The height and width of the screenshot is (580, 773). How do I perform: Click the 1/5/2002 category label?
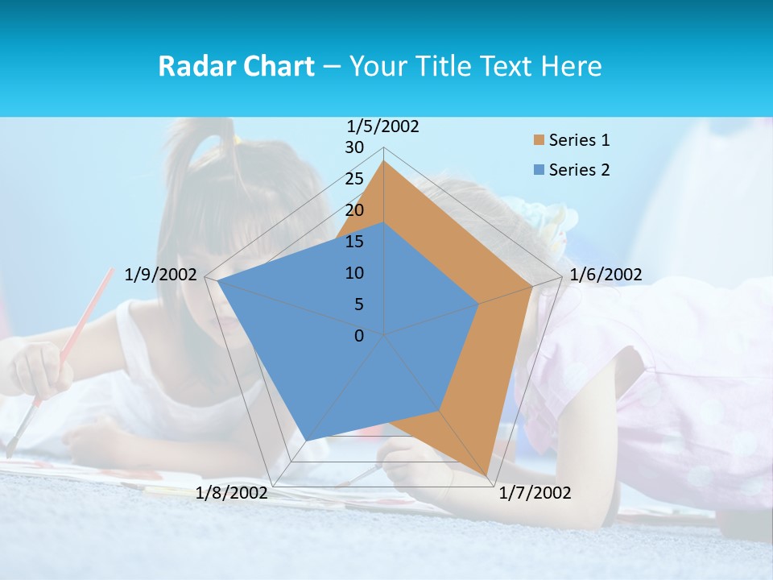click(383, 126)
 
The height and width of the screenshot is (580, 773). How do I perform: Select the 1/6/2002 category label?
click(606, 275)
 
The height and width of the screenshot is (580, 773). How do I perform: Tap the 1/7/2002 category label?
click(535, 492)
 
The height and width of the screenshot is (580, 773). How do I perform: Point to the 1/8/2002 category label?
click(232, 492)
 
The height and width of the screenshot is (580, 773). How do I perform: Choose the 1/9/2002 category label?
click(161, 275)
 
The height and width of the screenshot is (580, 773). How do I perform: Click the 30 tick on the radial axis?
click(354, 147)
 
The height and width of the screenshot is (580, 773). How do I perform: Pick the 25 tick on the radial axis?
click(354, 179)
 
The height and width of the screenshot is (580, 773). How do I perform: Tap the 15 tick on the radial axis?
click(354, 242)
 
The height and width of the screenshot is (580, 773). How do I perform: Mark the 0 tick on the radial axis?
click(359, 336)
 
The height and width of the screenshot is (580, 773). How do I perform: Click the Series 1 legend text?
click(579, 140)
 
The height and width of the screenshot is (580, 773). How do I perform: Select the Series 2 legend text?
click(579, 170)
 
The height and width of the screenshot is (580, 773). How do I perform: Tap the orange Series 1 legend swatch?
click(539, 140)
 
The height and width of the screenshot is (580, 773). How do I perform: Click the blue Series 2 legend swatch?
click(539, 170)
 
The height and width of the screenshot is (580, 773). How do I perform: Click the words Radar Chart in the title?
click(236, 66)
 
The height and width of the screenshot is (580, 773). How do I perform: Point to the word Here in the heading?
click(572, 66)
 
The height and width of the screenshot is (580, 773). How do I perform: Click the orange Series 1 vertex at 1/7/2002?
click(486, 475)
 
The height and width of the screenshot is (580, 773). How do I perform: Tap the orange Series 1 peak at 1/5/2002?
click(383, 161)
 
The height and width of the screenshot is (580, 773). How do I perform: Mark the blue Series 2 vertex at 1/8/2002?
click(306, 441)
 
